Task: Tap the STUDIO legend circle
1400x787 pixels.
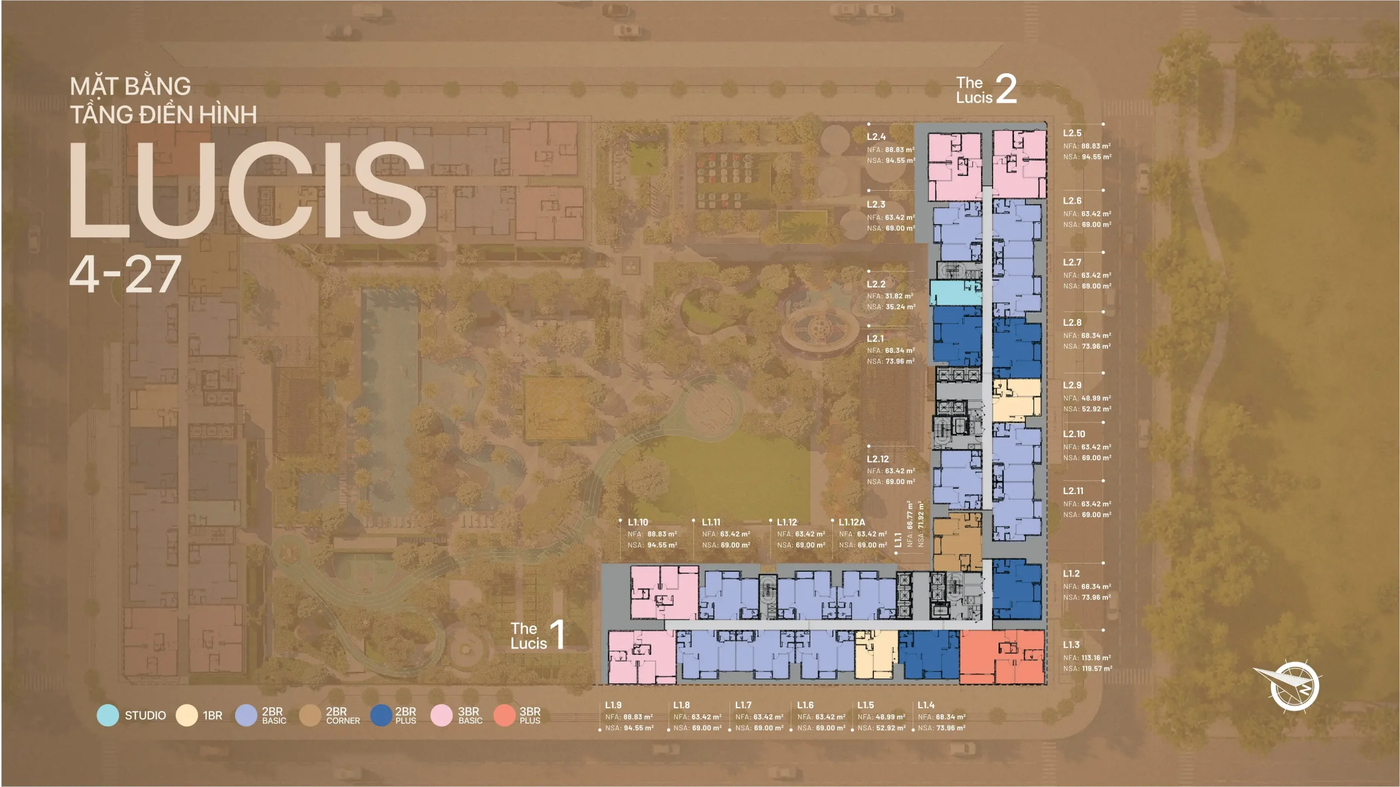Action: [x=108, y=715]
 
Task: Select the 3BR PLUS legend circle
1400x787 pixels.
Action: [x=504, y=715]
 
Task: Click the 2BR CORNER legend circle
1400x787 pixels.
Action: [x=310, y=715]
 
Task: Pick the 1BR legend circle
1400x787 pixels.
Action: [x=186, y=715]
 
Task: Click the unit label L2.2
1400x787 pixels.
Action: [x=876, y=284]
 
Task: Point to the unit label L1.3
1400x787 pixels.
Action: [x=1071, y=645]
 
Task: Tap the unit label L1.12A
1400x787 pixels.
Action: [x=852, y=522]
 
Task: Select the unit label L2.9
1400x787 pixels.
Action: [x=1072, y=385]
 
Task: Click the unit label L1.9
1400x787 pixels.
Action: [x=613, y=705]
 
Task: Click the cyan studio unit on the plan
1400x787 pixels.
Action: [x=956, y=292]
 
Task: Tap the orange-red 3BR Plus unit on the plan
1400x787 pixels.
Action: [x=1002, y=657]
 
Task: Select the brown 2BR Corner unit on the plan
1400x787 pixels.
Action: [x=957, y=542]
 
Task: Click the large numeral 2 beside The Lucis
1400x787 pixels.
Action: [x=1006, y=89]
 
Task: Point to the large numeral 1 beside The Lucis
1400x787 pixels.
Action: [x=557, y=634]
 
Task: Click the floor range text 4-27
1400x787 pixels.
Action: [x=125, y=274]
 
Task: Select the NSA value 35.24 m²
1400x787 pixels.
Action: [x=900, y=307]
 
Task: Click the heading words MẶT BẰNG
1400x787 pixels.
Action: [x=131, y=86]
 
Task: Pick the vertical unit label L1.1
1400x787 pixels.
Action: [x=898, y=540]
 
